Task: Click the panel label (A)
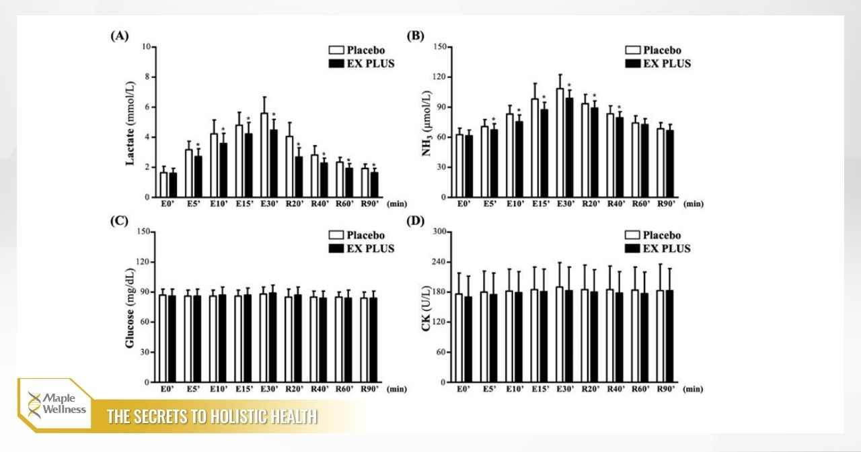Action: pyautogui.click(x=119, y=37)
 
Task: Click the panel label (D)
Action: pyautogui.click(x=416, y=222)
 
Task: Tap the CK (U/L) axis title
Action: pyautogui.click(x=426, y=307)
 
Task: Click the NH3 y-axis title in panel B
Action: pyautogui.click(x=426, y=122)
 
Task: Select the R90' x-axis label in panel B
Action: pyautogui.click(x=665, y=204)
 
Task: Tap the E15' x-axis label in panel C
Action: pyautogui.click(x=244, y=388)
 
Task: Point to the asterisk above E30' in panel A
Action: pyautogui.click(x=274, y=115)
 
